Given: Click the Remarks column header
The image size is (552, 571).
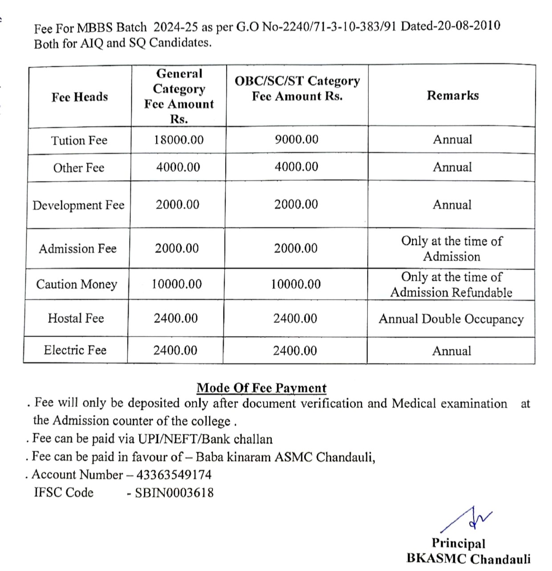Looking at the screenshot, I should [453, 96].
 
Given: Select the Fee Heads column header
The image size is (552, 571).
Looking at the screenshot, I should [80, 97].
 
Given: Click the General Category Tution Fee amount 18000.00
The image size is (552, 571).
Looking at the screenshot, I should [179, 140].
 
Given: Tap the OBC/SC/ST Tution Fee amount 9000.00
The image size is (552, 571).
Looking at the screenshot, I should [296, 140].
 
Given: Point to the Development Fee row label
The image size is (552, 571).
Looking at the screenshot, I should [78, 205].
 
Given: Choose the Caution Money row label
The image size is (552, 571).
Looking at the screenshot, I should [77, 284].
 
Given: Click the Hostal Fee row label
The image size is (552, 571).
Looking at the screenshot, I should [76, 318].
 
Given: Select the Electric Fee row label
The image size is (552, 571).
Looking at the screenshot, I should [75, 350].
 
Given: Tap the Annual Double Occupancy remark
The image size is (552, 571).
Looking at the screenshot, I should [451, 319].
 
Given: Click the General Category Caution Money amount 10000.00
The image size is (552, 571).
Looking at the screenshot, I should [177, 284].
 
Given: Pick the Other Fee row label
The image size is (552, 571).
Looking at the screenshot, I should [79, 168].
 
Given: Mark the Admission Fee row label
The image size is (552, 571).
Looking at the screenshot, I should [77, 249].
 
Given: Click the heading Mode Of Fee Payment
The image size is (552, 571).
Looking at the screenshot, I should [262, 388].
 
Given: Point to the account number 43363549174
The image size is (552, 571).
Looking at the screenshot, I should [174, 475].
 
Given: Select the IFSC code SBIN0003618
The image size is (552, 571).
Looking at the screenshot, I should [175, 493].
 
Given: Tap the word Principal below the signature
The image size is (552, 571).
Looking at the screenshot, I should [458, 543].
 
